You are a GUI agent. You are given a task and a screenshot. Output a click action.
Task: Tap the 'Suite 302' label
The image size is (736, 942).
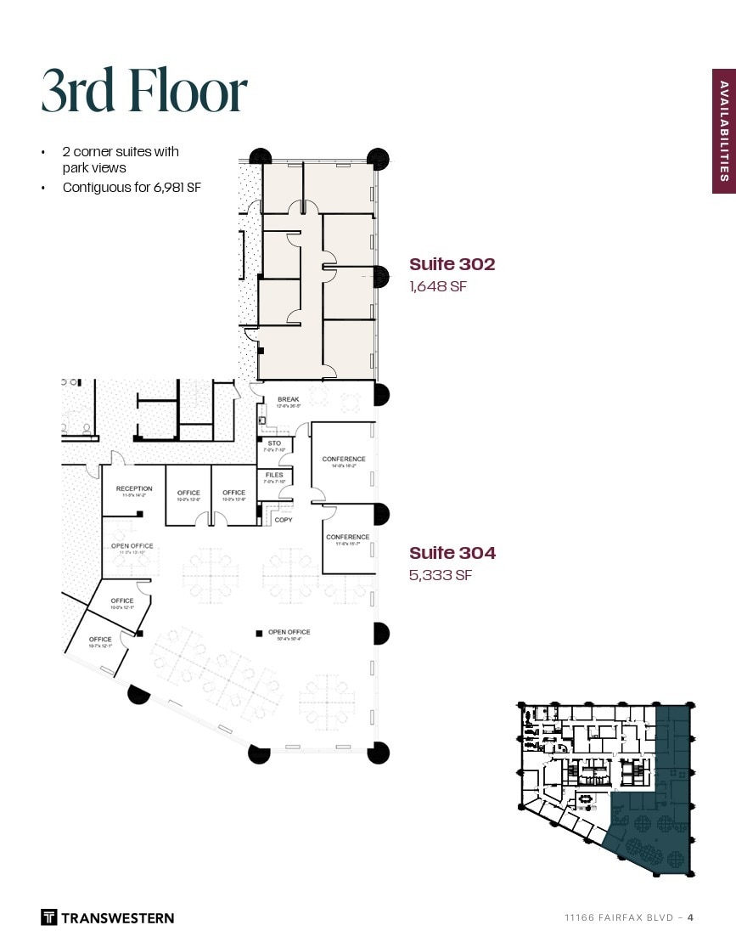coord(452,264)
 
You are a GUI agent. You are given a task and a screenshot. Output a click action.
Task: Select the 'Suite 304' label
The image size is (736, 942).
coord(452,553)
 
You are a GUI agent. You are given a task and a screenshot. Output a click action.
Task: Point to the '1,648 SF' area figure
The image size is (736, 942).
coord(438,287)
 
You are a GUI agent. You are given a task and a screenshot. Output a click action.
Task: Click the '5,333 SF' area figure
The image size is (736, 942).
coord(440,576)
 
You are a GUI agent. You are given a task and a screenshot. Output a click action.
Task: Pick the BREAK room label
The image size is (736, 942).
coord(288,399)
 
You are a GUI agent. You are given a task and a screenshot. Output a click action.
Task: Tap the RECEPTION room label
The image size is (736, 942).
coord(134,488)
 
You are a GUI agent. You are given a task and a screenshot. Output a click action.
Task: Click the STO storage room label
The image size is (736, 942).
coord(274,443)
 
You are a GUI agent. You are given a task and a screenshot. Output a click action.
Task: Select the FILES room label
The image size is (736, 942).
coord(274,475)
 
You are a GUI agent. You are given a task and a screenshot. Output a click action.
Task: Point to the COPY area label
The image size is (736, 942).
coord(284,520)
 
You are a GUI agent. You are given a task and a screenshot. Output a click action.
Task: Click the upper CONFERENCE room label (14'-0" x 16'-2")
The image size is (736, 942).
coord(344,460)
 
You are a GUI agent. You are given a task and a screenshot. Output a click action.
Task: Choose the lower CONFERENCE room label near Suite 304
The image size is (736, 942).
coord(347,537)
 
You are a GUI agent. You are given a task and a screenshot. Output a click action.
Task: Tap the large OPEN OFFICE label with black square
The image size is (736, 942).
coord(289,632)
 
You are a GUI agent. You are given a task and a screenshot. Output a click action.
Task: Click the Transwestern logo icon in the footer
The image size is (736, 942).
coord(49,917)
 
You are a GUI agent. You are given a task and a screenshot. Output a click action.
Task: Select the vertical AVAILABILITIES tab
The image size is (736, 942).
coord(723,131)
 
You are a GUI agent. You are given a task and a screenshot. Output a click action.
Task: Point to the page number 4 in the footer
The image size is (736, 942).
coord(690,917)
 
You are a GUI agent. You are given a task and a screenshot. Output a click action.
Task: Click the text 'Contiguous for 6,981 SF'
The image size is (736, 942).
coord(132,188)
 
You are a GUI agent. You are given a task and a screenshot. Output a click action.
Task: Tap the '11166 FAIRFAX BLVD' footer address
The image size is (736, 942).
coord(619,917)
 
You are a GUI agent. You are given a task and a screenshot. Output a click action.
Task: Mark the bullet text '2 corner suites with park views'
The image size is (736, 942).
coord(121,160)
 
